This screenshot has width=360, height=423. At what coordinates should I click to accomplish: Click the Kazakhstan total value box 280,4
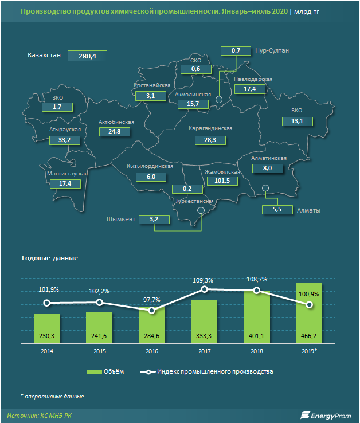(x=88, y=56)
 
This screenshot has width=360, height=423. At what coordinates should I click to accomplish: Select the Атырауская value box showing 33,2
(x=64, y=140)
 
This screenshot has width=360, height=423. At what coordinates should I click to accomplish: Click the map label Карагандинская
(x=210, y=128)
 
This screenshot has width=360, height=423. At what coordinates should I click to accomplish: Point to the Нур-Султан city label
(x=272, y=51)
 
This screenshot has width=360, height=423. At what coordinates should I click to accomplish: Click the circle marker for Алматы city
(x=265, y=188)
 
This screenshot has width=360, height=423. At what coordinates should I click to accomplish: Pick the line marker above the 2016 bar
(x=151, y=311)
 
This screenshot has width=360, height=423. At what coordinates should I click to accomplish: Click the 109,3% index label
(x=204, y=281)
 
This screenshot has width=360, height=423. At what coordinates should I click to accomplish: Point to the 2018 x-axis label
(x=256, y=350)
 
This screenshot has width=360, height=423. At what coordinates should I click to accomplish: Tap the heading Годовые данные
(x=49, y=258)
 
